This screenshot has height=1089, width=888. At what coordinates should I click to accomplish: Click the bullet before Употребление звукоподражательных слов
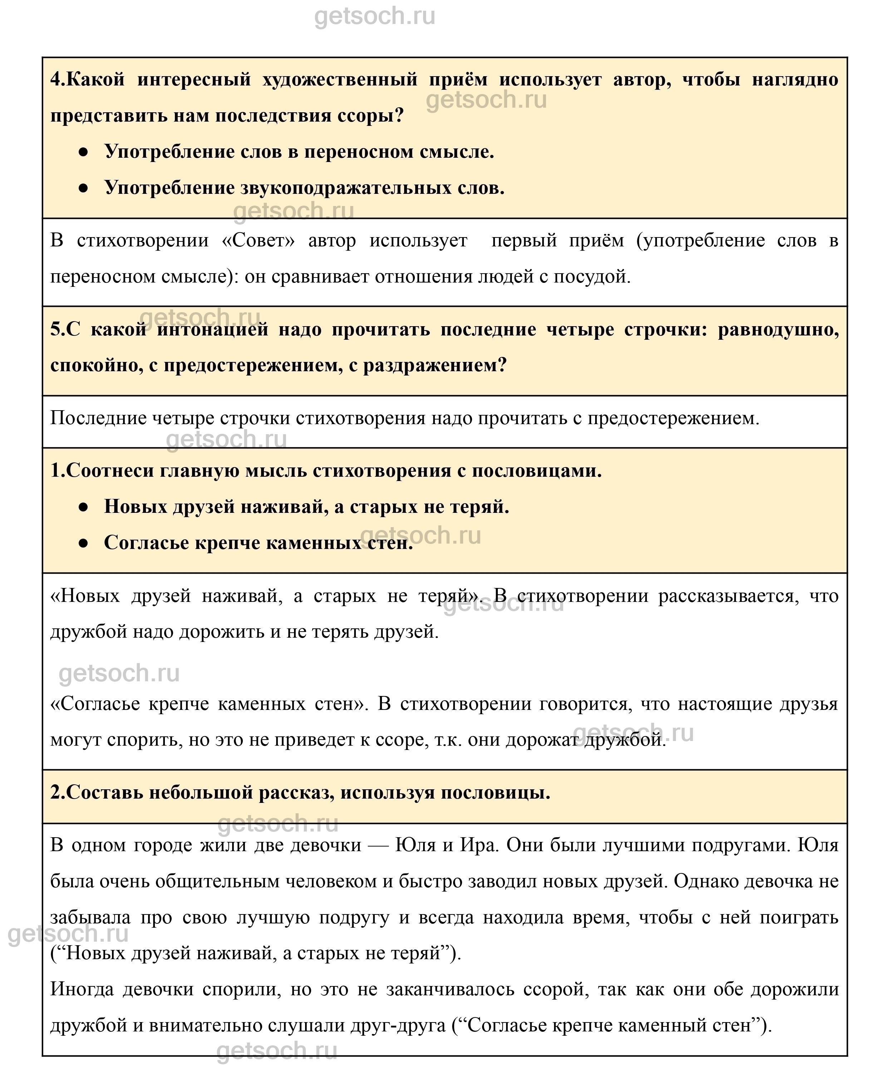point(83,188)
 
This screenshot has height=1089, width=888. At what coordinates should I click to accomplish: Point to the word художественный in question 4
point(340,80)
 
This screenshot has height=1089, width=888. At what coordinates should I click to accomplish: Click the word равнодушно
point(778,329)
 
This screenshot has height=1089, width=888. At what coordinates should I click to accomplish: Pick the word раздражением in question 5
point(434,365)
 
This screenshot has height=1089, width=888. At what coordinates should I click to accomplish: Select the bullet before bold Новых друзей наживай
point(83,507)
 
